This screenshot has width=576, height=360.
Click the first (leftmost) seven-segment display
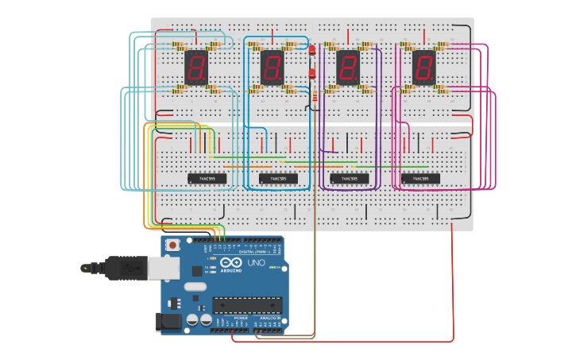tap(196, 68)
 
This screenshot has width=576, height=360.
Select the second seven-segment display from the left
tap(272, 68)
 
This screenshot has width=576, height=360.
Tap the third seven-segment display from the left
tap(348, 68)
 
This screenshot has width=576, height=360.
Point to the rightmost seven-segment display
tap(423, 68)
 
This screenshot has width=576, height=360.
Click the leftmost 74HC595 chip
tap(207, 178)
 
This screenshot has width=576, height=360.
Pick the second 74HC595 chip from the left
tap(278, 178)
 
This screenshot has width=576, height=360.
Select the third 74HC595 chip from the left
tap(350, 178)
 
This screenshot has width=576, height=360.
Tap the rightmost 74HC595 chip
tap(420, 178)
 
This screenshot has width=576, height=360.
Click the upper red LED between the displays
tap(312, 50)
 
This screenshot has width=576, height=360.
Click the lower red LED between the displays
tap(312, 73)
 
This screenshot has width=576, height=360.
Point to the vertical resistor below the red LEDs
tap(315, 96)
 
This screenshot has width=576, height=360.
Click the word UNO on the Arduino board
tap(257, 262)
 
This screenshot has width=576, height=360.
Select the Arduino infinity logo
tap(231, 262)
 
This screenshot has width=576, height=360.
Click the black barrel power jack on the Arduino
tap(168, 322)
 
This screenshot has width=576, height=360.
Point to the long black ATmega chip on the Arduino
tap(247, 305)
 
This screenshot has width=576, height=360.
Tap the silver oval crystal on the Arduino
tap(195, 286)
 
